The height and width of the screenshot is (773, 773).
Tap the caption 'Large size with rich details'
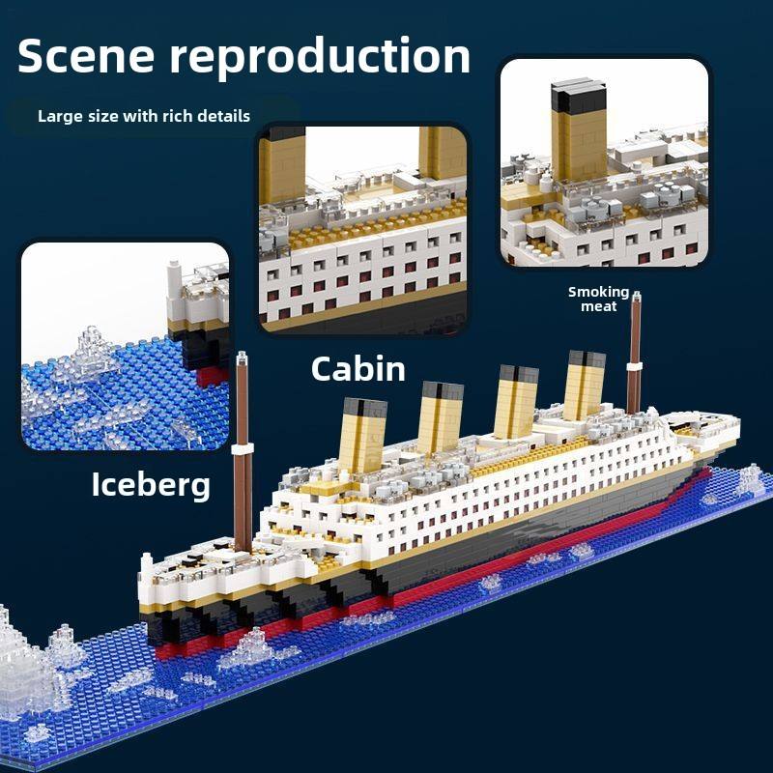144,116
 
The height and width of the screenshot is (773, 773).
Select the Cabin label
358,368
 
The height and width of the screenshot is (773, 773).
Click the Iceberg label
151,484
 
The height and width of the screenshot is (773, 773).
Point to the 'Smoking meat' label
598,299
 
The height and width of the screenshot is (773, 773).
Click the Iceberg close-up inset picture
125,346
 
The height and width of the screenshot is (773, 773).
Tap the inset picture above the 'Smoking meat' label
604,162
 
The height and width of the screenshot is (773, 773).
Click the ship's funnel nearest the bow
363,436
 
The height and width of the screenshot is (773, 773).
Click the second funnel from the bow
440,418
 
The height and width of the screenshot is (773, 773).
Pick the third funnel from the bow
515,400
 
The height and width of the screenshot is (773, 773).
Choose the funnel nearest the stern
585,384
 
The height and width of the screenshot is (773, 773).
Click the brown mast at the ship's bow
243,454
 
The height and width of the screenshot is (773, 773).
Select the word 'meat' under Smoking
598,306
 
